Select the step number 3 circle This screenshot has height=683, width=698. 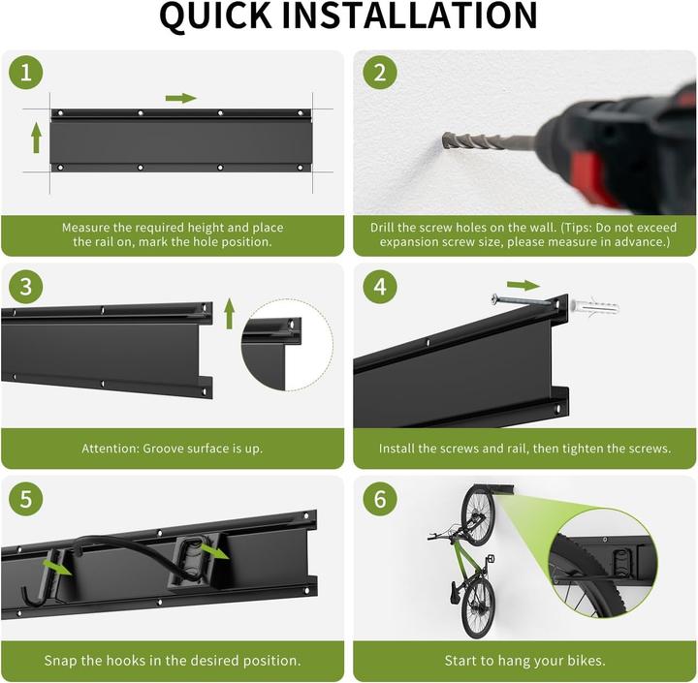(x=26, y=287)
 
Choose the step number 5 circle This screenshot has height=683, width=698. (x=26, y=499)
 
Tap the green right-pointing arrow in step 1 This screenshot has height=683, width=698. (x=180, y=98)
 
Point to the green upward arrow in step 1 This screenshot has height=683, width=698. (x=37, y=138)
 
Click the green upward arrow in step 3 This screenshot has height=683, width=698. (x=229, y=313)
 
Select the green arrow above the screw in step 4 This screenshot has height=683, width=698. (x=523, y=286)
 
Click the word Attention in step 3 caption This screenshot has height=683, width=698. (x=111, y=449)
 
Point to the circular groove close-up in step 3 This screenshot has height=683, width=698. (x=287, y=345)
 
